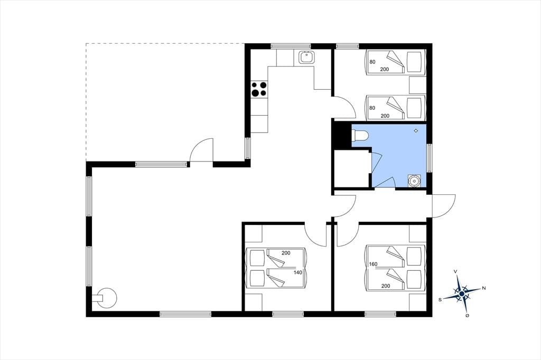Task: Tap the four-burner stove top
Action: (259, 89)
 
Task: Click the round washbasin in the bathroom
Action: (414, 181)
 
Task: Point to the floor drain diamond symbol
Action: (416, 130)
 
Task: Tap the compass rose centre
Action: (462, 293)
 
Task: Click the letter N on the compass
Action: (484, 288)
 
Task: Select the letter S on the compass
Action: (440, 300)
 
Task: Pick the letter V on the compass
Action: (456, 272)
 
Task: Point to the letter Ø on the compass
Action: (467, 316)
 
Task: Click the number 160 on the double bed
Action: (373, 264)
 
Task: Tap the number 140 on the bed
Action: (298, 272)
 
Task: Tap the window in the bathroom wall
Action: (429, 158)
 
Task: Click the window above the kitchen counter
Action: (291, 46)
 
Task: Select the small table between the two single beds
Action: (417, 85)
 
